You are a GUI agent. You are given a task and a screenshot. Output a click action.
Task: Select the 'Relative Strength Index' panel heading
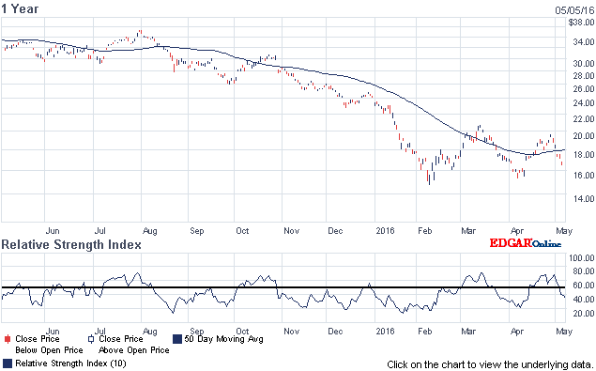(x=71, y=244)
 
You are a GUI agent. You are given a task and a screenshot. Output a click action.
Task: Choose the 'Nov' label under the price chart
(x=292, y=228)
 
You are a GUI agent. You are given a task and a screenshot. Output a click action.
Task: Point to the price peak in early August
(x=140, y=32)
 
